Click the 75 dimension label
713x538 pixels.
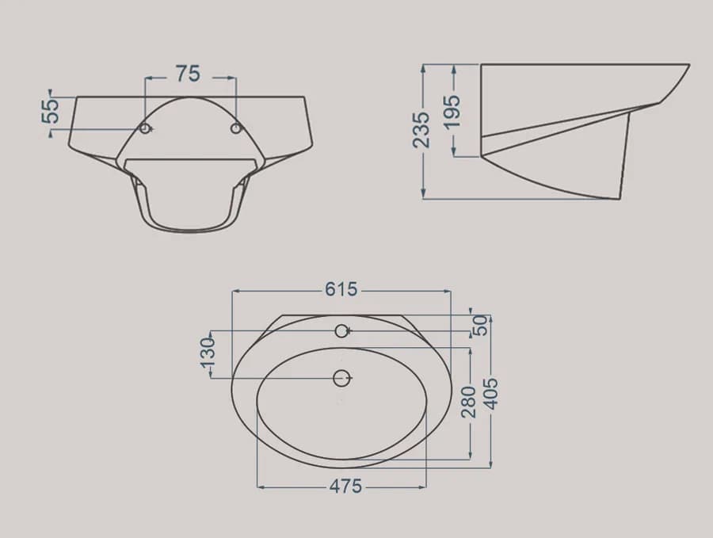coord(188,74)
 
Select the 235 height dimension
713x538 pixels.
coord(421,130)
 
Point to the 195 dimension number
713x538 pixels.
coord(452,112)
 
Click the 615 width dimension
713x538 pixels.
coord(341,289)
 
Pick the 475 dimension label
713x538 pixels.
coord(345,486)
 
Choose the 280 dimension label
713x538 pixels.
coord(468,402)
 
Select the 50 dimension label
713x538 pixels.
coord(480,325)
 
